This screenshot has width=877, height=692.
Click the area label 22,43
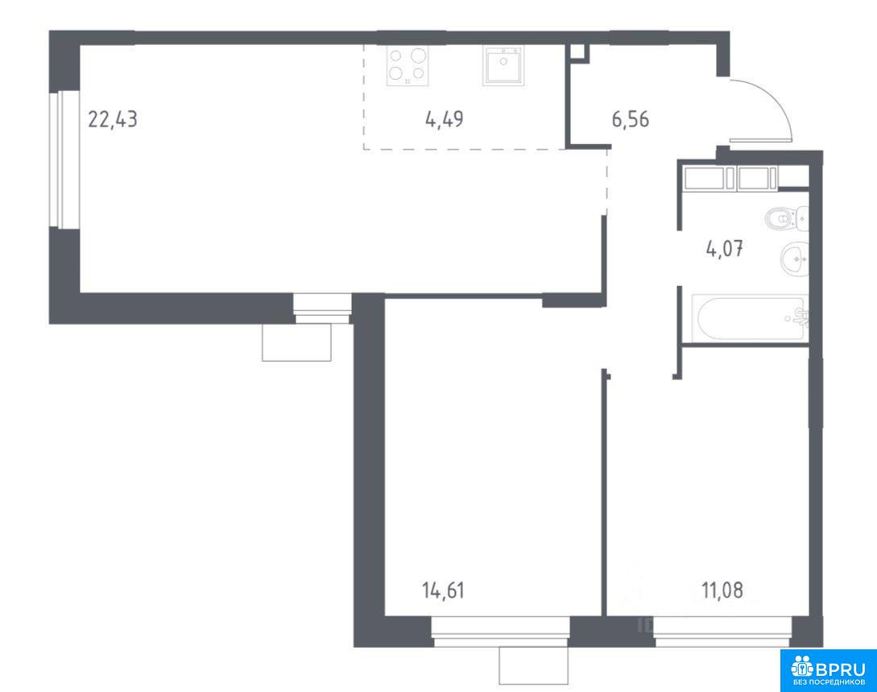(x=113, y=119)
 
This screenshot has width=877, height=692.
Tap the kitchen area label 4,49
(x=444, y=119)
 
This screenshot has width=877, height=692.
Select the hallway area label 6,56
(x=631, y=119)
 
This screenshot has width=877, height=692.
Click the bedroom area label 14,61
(x=444, y=590)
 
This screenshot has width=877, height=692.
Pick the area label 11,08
(x=722, y=590)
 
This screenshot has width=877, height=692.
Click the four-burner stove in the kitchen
(x=407, y=65)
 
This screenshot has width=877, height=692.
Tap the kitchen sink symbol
(x=504, y=65)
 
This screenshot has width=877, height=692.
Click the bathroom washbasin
(x=795, y=259)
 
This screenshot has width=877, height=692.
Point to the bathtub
(x=750, y=317)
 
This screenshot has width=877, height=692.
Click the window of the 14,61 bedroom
(x=501, y=632)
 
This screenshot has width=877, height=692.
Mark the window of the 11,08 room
(x=723, y=632)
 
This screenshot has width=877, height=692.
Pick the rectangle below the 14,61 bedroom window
(x=534, y=665)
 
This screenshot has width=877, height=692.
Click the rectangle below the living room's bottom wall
(x=297, y=342)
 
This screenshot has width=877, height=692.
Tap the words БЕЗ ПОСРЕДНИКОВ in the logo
(x=829, y=683)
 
